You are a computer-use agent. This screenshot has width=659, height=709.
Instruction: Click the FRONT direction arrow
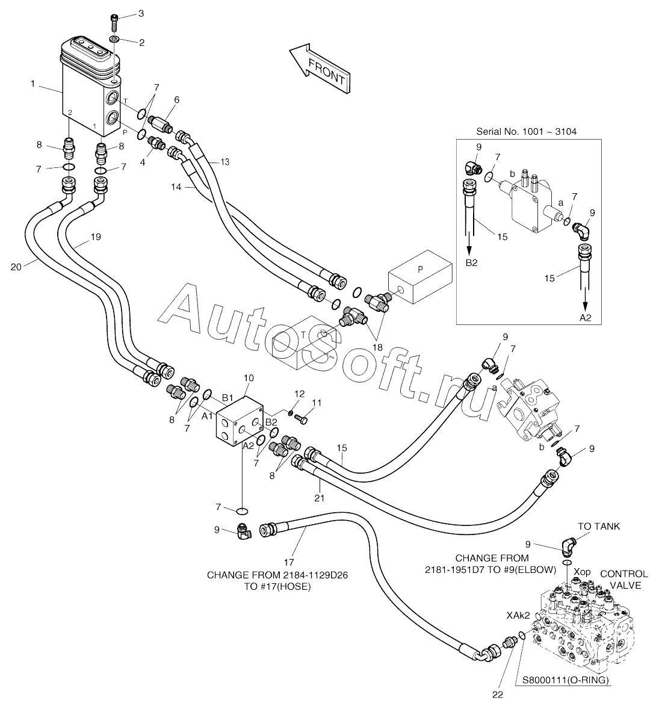pos(320,68)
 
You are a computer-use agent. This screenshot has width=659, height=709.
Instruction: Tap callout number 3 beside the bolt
pos(141,14)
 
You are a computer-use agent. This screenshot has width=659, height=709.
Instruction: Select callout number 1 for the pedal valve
pos(32,84)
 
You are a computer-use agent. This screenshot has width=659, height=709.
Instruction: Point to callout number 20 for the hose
pos(16,267)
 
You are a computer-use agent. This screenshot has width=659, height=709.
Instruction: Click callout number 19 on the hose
pos(95,237)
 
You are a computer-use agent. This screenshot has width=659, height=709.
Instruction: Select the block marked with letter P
pos(420,277)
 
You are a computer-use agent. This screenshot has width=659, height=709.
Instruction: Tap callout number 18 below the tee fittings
pos(377,348)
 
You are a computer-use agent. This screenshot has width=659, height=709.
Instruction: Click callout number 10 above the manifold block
pos(249,378)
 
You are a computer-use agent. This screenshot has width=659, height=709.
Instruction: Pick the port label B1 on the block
pos(227,398)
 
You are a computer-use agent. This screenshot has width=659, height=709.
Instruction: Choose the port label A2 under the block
pos(248,445)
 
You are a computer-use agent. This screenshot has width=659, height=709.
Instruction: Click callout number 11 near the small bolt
pos(317,403)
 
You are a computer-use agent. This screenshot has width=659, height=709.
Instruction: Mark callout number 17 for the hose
pos(288,563)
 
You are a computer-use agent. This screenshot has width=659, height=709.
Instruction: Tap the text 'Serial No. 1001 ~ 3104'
pos(526,132)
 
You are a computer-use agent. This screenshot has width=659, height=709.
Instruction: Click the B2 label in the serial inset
pos(471,262)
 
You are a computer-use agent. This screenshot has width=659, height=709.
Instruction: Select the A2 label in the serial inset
pos(586,318)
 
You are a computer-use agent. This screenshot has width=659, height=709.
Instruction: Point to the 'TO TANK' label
pos(599,526)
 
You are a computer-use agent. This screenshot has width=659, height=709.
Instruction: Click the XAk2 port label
pos(518,616)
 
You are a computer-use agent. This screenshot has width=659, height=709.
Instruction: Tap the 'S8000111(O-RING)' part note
pos(566,680)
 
